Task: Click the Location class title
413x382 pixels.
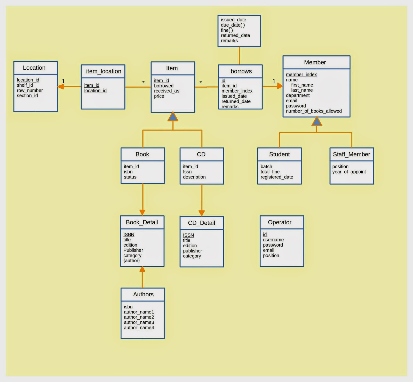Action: coord(34,68)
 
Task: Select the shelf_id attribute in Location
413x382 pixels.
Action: coord(25,85)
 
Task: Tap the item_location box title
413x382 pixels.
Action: coord(104,71)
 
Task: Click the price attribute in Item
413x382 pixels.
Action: coord(159,96)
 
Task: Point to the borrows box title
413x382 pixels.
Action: coord(241,71)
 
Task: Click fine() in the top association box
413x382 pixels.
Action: coord(227,30)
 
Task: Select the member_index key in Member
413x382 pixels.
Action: coord(301,75)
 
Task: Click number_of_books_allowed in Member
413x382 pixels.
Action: coord(314,111)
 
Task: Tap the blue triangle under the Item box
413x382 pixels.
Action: coord(173,117)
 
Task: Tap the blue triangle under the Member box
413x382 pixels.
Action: coord(317,122)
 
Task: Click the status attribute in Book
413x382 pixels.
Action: coord(130,177)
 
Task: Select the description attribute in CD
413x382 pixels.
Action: coord(194,177)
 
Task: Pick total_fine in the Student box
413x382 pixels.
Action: coord(270,172)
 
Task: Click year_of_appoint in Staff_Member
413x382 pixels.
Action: coord(349,172)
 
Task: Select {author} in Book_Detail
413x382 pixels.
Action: coord(132,261)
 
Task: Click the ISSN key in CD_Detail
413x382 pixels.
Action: coord(188,235)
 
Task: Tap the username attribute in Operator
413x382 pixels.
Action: coord(273,240)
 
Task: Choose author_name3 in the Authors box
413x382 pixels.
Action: coord(139,322)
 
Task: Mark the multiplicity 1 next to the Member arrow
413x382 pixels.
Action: coord(274,82)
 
